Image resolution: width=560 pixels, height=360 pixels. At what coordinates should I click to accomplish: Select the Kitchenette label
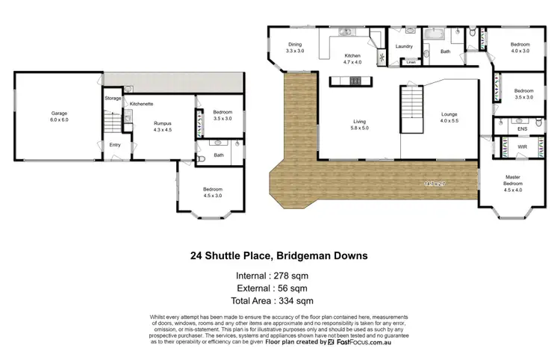click(141, 104)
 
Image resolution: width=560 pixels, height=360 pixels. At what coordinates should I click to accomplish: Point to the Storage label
click(113, 98)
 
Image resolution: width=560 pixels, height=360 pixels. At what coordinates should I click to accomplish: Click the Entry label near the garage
click(114, 145)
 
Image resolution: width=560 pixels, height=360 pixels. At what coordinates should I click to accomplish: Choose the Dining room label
click(296, 47)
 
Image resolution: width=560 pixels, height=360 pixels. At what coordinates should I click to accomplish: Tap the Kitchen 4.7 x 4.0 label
click(352, 60)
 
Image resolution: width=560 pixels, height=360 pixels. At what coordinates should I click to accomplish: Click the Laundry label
click(405, 46)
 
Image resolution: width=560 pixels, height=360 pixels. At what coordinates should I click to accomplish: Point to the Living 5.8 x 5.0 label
click(360, 125)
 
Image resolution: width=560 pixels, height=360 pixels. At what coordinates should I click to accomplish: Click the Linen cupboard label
click(411, 63)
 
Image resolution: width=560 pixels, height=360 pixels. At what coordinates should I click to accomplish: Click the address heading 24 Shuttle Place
click(279, 255)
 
